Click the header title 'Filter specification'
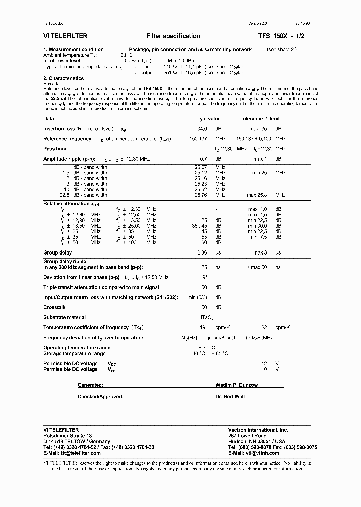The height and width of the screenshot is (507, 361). [173, 36]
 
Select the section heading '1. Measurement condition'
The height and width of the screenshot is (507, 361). [73, 50]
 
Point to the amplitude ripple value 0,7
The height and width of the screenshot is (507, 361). [204, 159]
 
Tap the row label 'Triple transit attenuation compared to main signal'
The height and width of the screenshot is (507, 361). [101, 288]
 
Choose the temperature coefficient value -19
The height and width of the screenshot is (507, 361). [202, 327]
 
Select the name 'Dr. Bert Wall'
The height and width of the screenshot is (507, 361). [231, 396]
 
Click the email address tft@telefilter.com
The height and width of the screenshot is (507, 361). [72, 453]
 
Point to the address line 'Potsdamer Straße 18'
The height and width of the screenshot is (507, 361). [68, 436]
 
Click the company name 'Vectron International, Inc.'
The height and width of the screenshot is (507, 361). [258, 430]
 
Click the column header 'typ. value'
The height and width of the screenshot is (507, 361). [209, 119]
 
